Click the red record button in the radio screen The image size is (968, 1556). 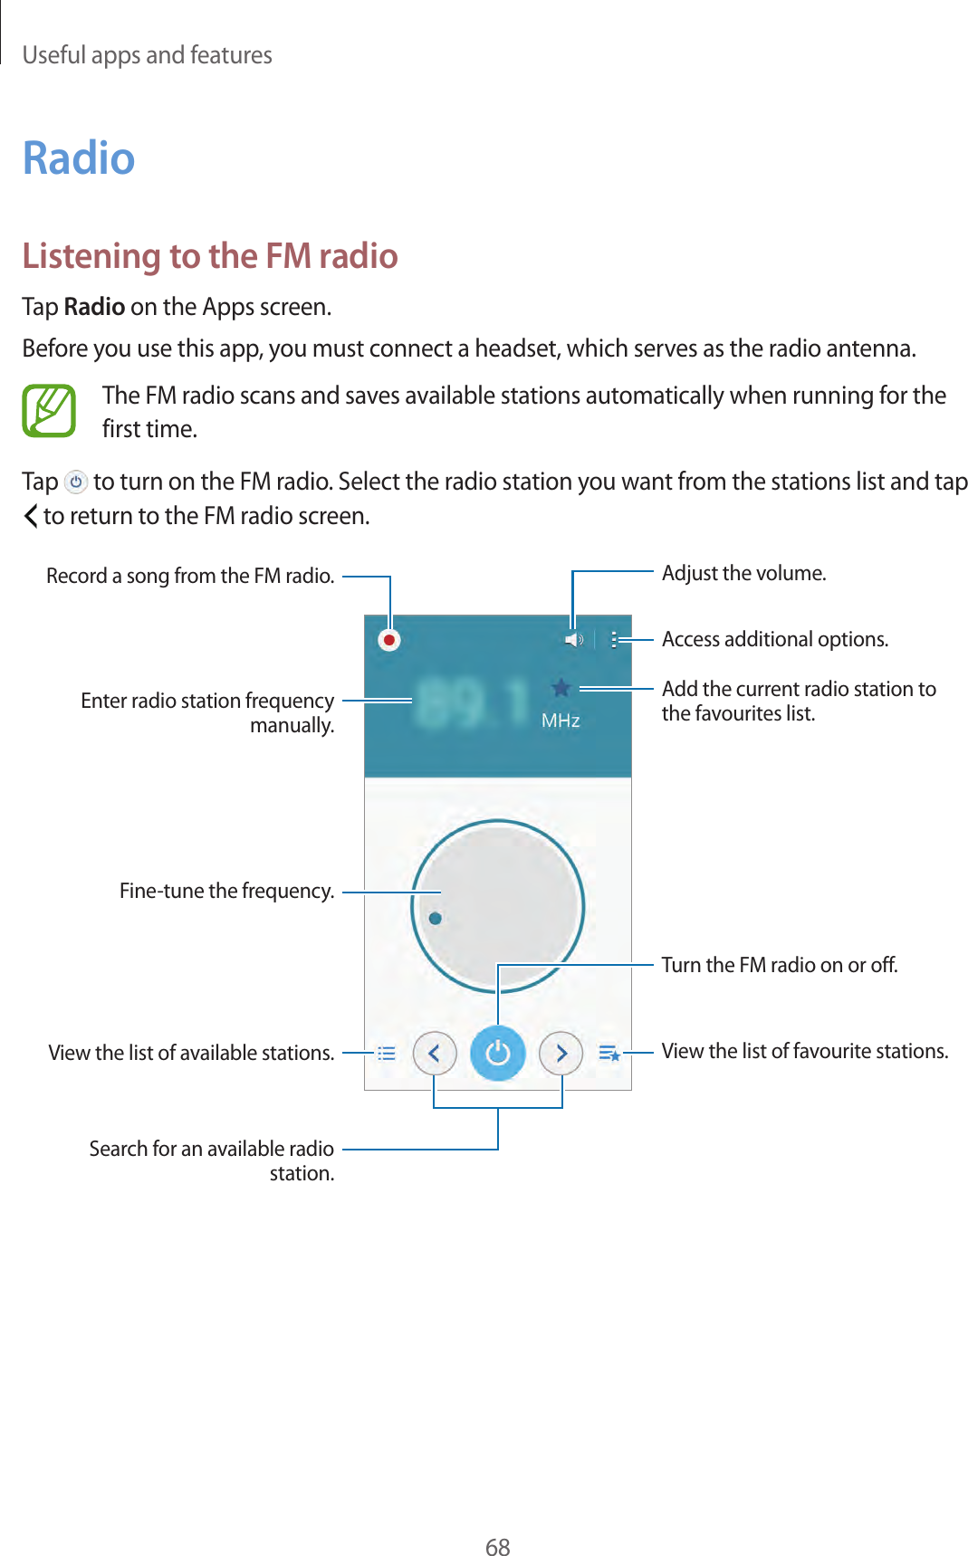coord(389,640)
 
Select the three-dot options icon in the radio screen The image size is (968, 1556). coord(614,640)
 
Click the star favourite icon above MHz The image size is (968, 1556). coord(561,688)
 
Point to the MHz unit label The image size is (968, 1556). coord(561,721)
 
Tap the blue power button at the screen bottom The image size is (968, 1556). coord(498,1053)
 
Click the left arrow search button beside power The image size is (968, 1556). coord(435,1053)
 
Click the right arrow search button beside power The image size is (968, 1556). coord(561,1053)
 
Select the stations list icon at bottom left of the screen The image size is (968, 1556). coord(387,1053)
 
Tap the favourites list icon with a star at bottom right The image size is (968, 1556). coord(609,1053)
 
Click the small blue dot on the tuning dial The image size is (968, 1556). coord(436,918)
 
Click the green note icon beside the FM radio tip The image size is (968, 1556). coord(49,411)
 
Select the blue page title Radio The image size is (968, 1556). coord(79,158)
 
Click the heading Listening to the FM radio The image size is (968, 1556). coord(210,256)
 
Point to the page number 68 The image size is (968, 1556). coord(497,1546)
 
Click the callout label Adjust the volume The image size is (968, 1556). coord(743,573)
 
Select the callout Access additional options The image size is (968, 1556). coord(774,639)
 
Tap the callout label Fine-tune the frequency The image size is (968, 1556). coord(226,891)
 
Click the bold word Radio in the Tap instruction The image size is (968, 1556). coord(94,307)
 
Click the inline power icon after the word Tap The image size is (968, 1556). coord(76,482)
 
